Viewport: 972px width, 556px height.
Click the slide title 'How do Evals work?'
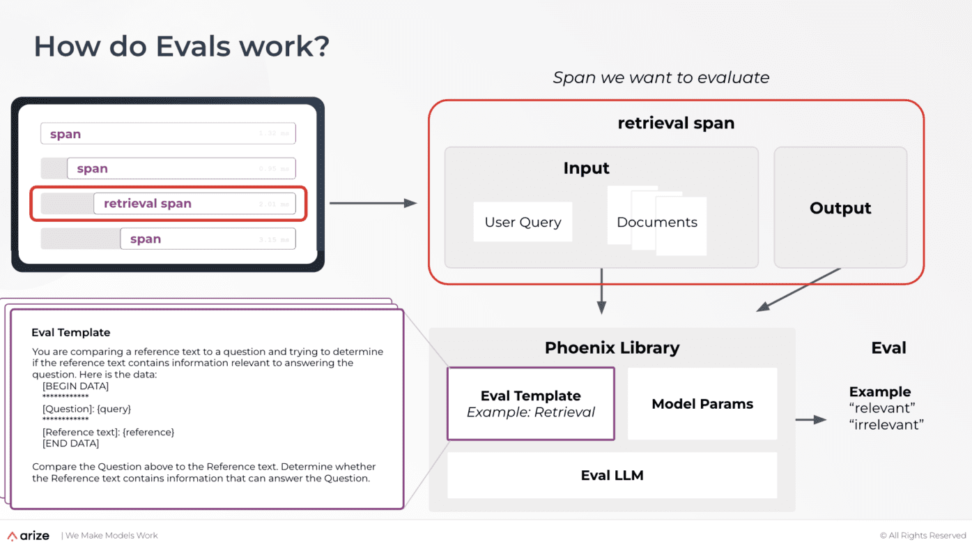pos(181,47)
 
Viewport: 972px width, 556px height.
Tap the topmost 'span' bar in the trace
pos(168,134)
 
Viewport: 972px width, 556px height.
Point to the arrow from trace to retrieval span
pos(372,203)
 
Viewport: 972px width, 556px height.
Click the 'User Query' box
pos(523,223)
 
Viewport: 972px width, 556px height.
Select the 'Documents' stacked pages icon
pos(657,221)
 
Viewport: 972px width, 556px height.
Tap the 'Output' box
pos(840,208)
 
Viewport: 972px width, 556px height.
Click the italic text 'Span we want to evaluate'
pos(661,77)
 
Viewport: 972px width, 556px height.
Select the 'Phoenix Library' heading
pos(612,347)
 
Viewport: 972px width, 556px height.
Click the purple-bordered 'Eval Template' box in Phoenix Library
pos(530,404)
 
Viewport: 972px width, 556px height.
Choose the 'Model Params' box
pos(702,404)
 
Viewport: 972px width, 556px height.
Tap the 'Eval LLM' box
pos(612,475)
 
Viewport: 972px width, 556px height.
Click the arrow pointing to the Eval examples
pos(810,419)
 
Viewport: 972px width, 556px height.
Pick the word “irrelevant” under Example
pos(886,424)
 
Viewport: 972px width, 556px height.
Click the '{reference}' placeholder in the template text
pos(148,432)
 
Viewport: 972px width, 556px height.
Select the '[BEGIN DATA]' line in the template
pos(75,386)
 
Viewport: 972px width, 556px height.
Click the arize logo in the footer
pos(29,536)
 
